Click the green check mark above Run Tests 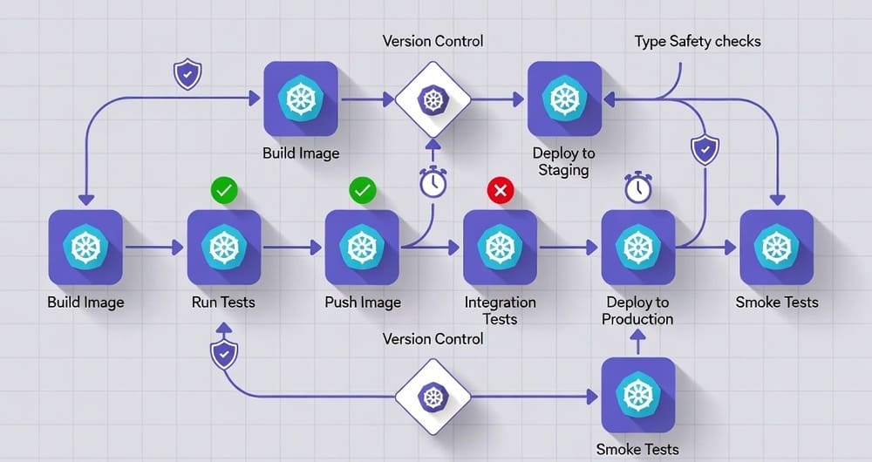tap(224, 189)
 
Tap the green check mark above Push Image tap(361, 189)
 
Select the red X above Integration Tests tap(500, 189)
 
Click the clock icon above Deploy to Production tap(637, 187)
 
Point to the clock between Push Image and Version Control tap(433, 182)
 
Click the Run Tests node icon tap(224, 248)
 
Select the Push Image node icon tap(361, 248)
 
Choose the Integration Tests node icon tap(500, 248)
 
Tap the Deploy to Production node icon tap(637, 248)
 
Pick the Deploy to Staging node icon tap(563, 99)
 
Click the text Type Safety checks tap(698, 41)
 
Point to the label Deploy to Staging tap(563, 161)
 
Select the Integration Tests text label tap(500, 310)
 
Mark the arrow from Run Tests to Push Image tap(292, 248)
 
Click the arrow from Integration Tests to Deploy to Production tap(569, 248)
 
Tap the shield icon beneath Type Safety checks tap(704, 150)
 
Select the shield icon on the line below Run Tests tap(224, 354)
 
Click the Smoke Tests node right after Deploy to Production tap(776, 248)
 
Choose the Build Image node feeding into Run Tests tap(86, 248)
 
